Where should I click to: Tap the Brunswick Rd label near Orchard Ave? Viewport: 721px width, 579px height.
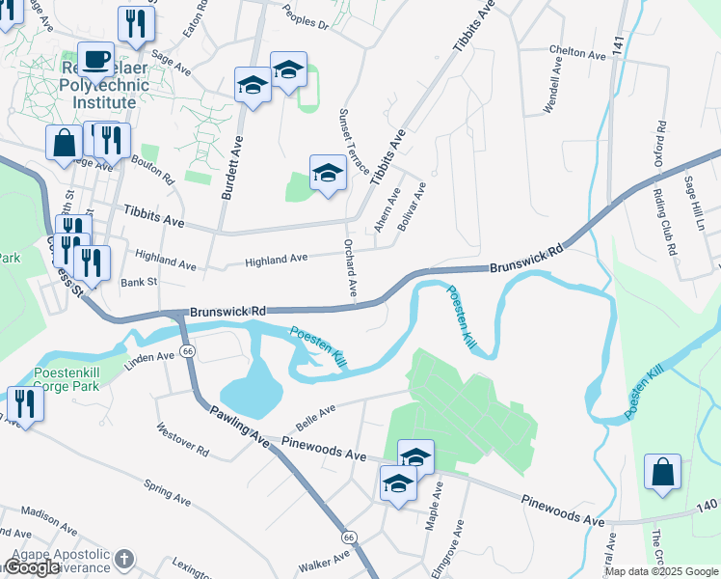(x=227, y=312)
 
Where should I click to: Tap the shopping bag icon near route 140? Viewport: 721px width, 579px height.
(x=663, y=473)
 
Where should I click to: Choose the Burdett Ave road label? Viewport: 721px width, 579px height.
(x=232, y=167)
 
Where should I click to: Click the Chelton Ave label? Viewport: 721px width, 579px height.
(x=577, y=53)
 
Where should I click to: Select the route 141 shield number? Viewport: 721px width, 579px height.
(x=617, y=43)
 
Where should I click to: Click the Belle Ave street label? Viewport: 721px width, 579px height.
(x=316, y=413)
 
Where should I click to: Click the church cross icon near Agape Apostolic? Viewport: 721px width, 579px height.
(x=126, y=559)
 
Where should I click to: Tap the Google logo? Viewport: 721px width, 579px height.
(x=34, y=567)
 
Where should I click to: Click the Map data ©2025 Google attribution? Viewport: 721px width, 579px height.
(x=661, y=571)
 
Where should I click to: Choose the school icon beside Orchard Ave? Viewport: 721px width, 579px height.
(x=328, y=174)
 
